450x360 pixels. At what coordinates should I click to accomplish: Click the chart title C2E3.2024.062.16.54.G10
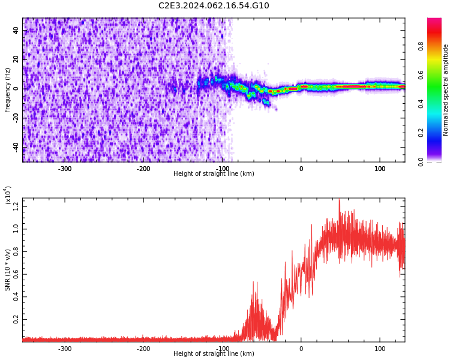pyautogui.click(x=214, y=6)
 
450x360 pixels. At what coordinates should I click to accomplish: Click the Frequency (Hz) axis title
pyautogui.click(x=8, y=90)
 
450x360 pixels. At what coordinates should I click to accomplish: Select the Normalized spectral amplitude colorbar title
pyautogui.click(x=446, y=90)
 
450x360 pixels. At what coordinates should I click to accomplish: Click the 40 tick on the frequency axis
pyautogui.click(x=16, y=30)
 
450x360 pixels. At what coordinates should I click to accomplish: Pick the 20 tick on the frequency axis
pyautogui.click(x=16, y=59)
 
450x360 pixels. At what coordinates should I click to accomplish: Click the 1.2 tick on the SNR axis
pyautogui.click(x=16, y=206)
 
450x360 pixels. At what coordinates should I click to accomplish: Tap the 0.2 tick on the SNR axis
pyautogui.click(x=16, y=320)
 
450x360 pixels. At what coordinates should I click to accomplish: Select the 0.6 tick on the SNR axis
pyautogui.click(x=16, y=275)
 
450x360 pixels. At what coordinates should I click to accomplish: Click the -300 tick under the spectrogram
pyautogui.click(x=65, y=169)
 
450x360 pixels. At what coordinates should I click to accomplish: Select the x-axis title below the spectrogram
pyautogui.click(x=214, y=174)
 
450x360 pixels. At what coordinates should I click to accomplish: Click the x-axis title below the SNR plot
pyautogui.click(x=214, y=354)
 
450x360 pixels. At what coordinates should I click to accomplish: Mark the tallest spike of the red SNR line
pyautogui.click(x=339, y=200)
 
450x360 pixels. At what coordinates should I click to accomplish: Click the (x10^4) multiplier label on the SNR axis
pyautogui.click(x=8, y=195)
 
